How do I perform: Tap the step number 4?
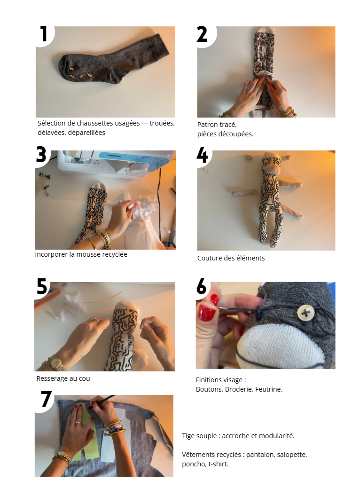(202, 155)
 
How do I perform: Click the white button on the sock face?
(306, 313)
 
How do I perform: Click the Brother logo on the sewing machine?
(114, 156)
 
